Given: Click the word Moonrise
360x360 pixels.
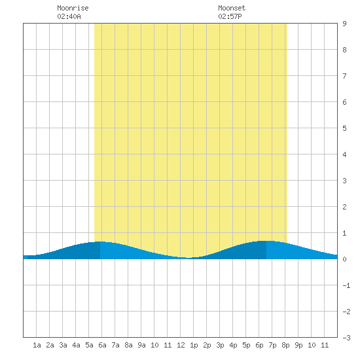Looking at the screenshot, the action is [x=73, y=8].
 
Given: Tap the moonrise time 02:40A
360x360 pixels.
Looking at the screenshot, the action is [x=69, y=16].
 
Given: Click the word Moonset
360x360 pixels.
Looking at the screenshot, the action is [x=232, y=8].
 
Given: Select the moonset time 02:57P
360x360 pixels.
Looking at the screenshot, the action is [x=230, y=16].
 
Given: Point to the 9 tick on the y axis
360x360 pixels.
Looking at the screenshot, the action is [x=344, y=24].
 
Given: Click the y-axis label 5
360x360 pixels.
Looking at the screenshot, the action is [x=344, y=128].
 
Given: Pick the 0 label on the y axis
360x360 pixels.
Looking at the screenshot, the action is [x=344, y=259].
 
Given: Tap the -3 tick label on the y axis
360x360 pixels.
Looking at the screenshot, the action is [x=346, y=338].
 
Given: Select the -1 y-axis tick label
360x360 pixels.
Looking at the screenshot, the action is [x=346, y=285].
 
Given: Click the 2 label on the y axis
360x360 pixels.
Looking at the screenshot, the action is [x=344, y=207].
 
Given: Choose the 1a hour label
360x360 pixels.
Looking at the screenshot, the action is [x=37, y=345].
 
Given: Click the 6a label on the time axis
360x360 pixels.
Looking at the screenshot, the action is [x=102, y=345].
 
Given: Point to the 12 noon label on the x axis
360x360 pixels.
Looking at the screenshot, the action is [x=181, y=345].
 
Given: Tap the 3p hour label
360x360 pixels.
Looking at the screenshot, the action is [x=220, y=345].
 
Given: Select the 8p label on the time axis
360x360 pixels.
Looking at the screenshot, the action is [x=285, y=345].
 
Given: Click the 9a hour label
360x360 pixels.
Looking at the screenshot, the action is [x=141, y=345].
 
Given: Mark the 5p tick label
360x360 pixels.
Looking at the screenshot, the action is [x=246, y=345].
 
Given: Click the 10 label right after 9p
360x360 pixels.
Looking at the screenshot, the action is [x=312, y=345].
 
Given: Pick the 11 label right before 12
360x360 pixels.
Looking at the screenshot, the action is [x=168, y=345].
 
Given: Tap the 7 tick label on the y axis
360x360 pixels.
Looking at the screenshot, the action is [x=344, y=76].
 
